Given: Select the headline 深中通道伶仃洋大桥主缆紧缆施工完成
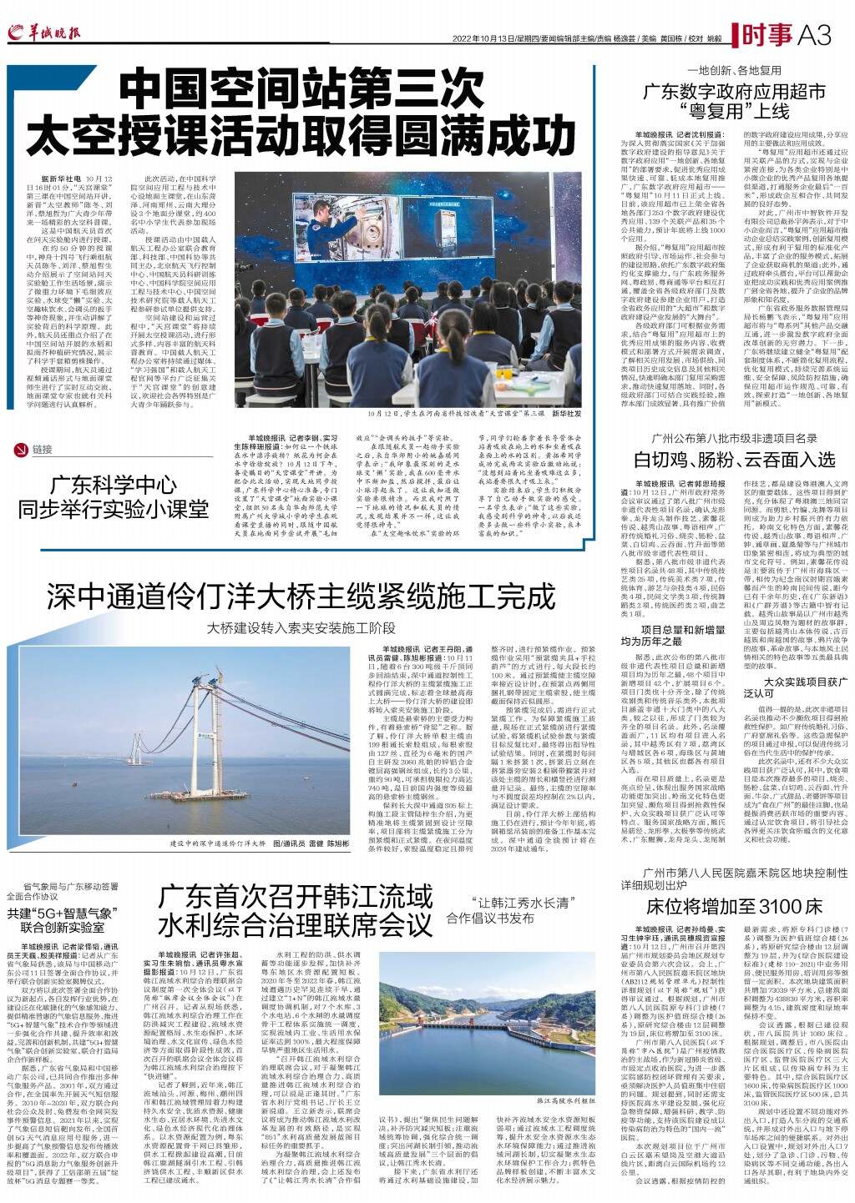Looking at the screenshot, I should pos(300,596).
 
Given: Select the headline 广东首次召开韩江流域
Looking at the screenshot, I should pos(297,897).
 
